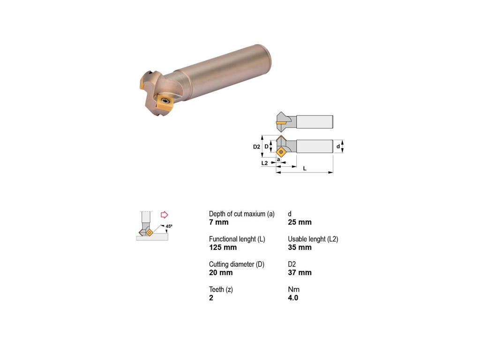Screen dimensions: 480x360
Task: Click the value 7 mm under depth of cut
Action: [218, 222]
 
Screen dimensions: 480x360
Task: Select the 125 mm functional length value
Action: [223, 247]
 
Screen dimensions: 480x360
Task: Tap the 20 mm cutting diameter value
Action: [221, 272]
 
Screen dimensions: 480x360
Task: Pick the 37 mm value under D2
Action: [300, 272]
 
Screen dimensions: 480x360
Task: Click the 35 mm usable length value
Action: [300, 247]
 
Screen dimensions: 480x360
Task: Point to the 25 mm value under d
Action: [300, 222]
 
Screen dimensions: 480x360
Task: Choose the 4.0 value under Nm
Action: [293, 298]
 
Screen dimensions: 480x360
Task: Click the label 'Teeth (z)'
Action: [221, 290]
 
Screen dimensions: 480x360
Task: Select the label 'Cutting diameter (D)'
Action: [237, 264]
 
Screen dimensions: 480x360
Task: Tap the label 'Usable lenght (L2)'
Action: [313, 240]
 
